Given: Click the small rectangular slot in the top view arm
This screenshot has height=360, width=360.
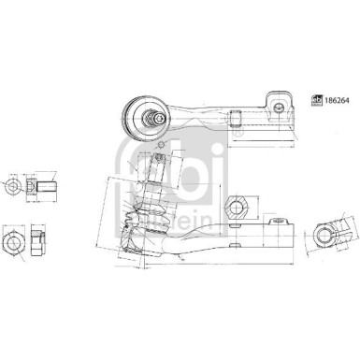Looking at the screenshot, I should point(235,119).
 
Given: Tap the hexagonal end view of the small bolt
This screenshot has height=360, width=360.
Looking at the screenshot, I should point(11,187).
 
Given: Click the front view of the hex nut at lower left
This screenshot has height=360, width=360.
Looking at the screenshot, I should point(14,245).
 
